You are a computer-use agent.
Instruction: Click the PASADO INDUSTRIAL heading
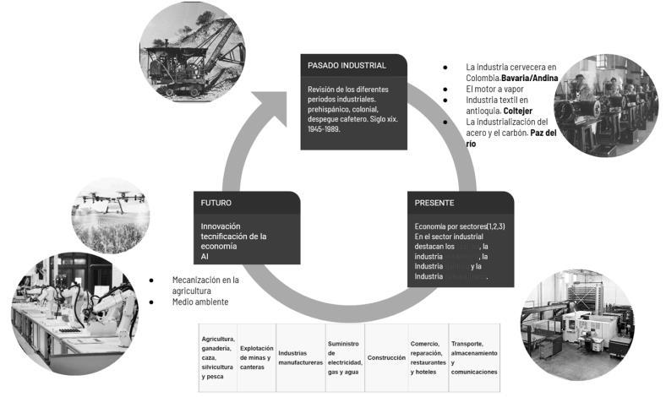347,65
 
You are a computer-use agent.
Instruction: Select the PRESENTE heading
434,204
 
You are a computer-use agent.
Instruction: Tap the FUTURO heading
216,204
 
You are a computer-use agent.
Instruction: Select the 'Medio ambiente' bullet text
200,302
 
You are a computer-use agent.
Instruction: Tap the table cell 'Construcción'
386,357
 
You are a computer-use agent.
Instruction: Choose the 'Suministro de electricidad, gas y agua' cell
345,357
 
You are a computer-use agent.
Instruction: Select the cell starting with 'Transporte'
474,357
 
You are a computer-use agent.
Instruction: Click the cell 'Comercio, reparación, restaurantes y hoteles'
429,357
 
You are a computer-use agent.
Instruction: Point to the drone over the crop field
109,200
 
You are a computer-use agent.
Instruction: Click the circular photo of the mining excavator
192,52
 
